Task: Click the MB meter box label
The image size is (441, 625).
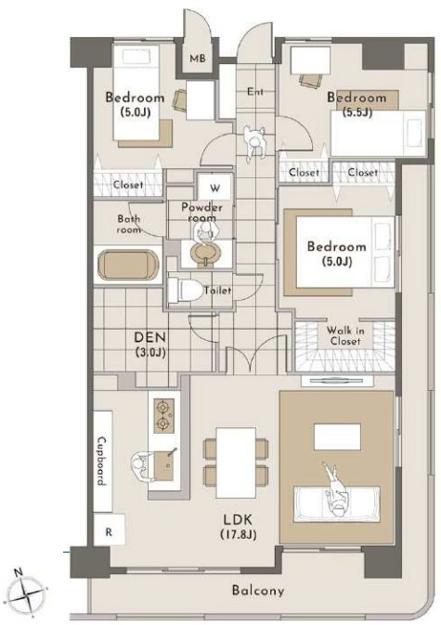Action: point(198,59)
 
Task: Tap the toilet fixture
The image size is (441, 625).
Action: point(185,290)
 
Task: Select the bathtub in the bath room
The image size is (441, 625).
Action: point(128,265)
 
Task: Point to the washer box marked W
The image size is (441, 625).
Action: point(215,187)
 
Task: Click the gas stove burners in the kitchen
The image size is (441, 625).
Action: point(163,416)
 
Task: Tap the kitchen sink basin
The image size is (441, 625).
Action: point(164,465)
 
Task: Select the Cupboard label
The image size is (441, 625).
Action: point(102,461)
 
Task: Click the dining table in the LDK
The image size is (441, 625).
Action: point(236,462)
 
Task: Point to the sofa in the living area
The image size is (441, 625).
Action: point(337,504)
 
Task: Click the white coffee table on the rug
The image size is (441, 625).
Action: point(337,436)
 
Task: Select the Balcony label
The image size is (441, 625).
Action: point(258,590)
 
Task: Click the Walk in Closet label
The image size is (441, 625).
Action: point(345,335)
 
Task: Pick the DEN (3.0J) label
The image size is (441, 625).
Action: point(149,344)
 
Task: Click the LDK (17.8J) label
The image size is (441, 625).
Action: point(238,527)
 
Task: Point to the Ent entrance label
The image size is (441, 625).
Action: point(255,91)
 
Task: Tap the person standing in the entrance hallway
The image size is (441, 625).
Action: point(254,143)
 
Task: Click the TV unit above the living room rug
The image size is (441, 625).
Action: point(337,381)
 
